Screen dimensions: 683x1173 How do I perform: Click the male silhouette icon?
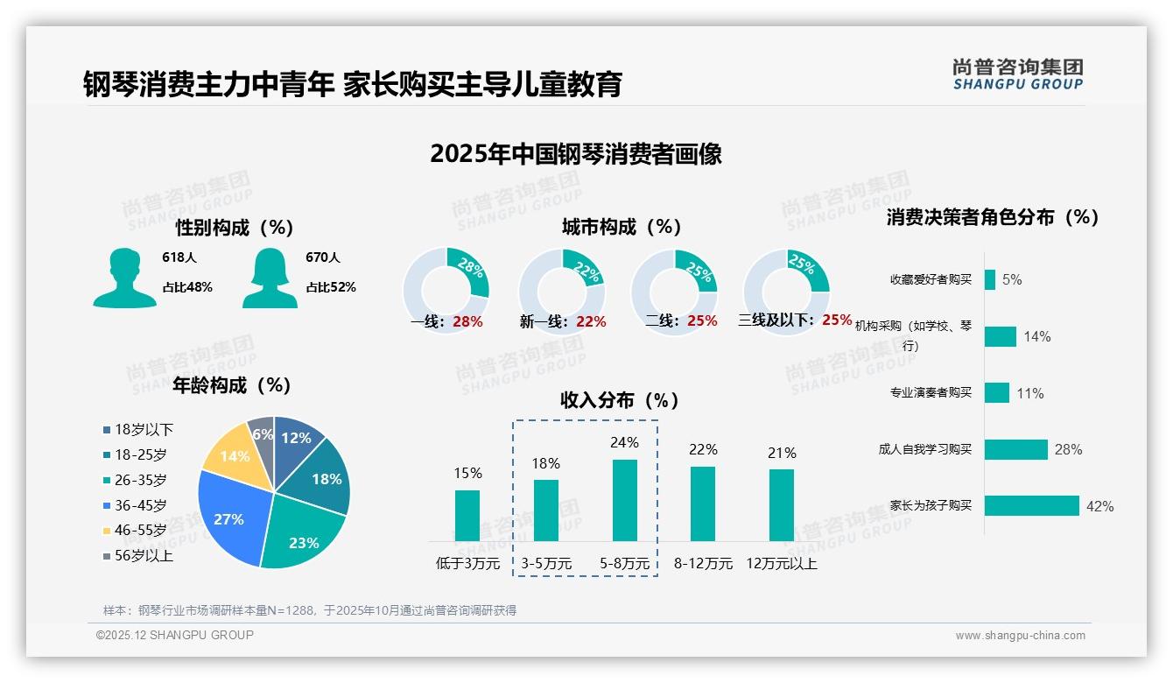pos(124,278)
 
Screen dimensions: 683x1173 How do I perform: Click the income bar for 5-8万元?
pos(625,500)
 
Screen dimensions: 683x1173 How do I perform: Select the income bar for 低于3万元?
pos(467,516)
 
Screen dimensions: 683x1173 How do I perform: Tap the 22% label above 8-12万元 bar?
pos(703,449)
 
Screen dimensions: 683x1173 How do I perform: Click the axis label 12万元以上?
pos(782,564)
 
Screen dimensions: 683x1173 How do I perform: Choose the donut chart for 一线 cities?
pos(446,292)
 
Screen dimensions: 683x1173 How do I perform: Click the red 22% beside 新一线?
pos(591,321)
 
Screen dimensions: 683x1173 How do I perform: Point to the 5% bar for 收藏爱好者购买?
pos(989,279)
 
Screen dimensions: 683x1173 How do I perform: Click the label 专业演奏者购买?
pos(931,392)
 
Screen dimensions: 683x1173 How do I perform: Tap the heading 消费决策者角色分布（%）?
pos(993,217)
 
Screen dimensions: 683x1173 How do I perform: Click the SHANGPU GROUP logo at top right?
pos(1018,74)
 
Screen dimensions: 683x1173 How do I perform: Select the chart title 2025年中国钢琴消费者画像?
pos(576,154)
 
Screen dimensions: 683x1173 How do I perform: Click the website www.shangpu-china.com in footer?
pos(1020,636)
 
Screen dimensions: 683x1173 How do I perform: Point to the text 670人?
pos(323,257)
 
